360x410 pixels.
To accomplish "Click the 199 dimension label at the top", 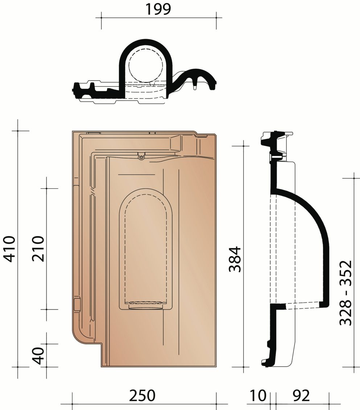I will point(158,9).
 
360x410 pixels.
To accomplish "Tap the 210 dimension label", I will point(37,249).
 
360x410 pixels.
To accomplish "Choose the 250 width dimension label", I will point(142,395).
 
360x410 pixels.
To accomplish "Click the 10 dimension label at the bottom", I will point(258,395).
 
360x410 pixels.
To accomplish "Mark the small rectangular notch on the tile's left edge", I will point(76,304).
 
